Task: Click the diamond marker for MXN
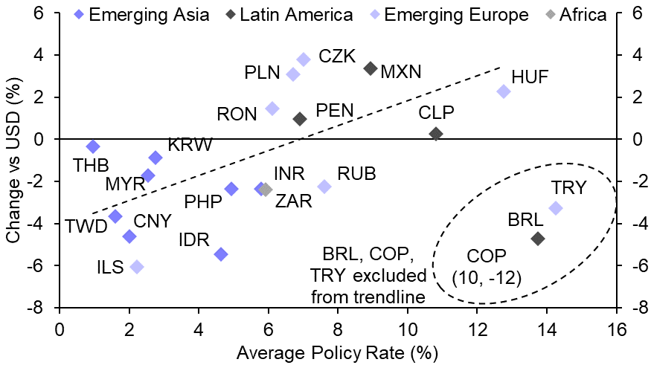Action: (x=371, y=68)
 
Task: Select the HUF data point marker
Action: (x=504, y=91)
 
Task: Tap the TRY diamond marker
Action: (x=556, y=208)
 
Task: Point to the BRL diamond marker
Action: (x=538, y=239)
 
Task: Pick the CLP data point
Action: (x=436, y=134)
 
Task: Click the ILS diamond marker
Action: (x=136, y=267)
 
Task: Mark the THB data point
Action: (x=93, y=146)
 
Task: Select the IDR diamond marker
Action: (x=221, y=254)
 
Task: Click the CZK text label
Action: (x=337, y=56)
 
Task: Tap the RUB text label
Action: (x=356, y=175)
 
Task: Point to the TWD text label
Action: (x=86, y=227)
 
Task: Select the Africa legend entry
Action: (x=577, y=15)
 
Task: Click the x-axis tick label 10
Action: (x=407, y=329)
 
